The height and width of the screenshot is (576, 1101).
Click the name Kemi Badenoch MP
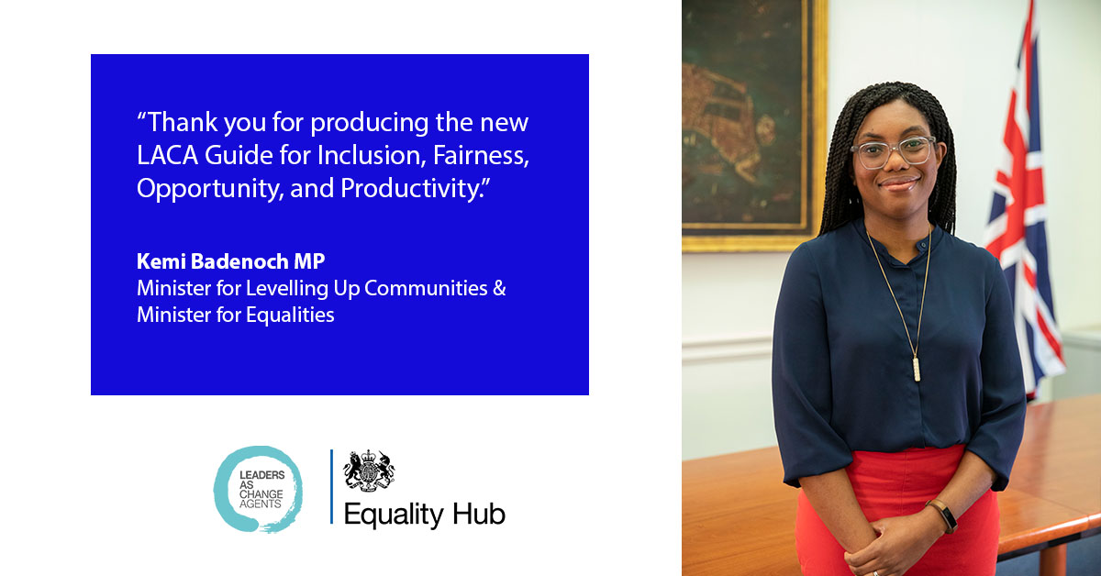point(230,261)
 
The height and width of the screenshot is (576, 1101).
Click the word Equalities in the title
point(289,316)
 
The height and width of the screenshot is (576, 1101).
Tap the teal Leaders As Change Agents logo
point(259,489)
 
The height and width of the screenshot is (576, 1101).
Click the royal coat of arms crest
point(369,471)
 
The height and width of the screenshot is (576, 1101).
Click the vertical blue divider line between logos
point(331,487)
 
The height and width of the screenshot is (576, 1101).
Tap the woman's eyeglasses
point(893,151)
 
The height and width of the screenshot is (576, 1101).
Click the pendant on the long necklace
point(916,368)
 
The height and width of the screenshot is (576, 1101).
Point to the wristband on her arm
point(945,516)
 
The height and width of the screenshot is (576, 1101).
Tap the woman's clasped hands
point(895,541)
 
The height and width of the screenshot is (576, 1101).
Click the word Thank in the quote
point(180,123)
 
